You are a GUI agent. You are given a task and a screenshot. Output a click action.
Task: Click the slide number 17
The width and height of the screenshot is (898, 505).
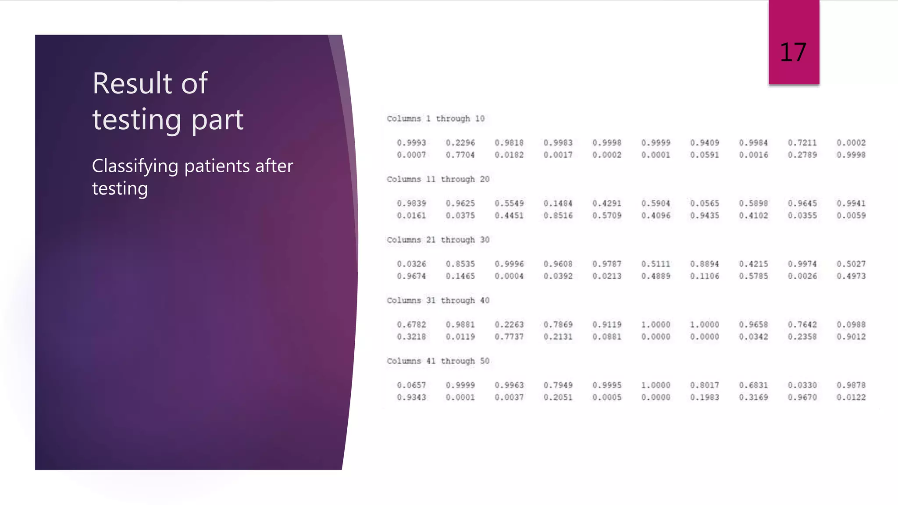(x=793, y=53)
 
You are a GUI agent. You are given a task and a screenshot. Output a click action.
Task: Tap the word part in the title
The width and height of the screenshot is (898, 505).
(x=217, y=120)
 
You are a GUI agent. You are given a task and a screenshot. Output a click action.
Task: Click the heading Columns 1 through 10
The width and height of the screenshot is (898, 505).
(x=435, y=119)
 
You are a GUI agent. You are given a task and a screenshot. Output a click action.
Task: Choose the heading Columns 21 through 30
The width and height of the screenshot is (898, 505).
(x=438, y=240)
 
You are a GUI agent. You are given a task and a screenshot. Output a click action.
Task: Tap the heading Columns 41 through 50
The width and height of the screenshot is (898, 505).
(x=438, y=361)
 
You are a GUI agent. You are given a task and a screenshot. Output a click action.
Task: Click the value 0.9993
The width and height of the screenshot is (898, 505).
(x=411, y=143)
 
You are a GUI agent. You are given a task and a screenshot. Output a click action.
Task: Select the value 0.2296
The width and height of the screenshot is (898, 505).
(x=460, y=143)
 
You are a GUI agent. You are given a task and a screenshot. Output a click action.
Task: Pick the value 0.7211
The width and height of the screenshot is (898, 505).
(x=802, y=143)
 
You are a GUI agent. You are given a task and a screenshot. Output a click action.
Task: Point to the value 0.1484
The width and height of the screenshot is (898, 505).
(x=558, y=203)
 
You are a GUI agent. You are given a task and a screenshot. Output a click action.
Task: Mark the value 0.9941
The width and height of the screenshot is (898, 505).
(x=851, y=203)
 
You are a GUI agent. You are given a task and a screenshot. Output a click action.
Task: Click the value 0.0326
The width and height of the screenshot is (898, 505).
(x=411, y=264)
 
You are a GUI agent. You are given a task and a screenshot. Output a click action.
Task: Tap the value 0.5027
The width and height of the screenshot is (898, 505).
(x=851, y=264)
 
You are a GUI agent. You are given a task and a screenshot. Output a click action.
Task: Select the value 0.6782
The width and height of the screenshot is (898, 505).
(x=411, y=325)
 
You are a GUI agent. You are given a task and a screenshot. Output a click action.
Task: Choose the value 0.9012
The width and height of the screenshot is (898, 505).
(x=851, y=337)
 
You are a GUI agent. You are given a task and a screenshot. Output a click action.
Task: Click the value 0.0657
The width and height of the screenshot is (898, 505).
(x=411, y=385)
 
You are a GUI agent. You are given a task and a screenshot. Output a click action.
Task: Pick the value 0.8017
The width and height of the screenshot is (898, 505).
(x=705, y=385)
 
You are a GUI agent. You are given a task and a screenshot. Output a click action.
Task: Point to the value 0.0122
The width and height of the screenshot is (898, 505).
(x=851, y=398)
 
